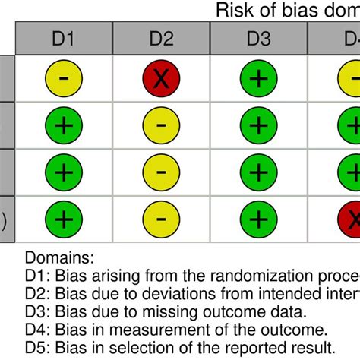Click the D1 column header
pos(64,38)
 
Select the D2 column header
pos(161,38)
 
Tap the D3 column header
pos(258,38)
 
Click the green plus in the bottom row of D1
pos(64,219)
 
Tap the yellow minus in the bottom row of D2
pos(161,219)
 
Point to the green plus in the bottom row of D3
pos(258,219)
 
